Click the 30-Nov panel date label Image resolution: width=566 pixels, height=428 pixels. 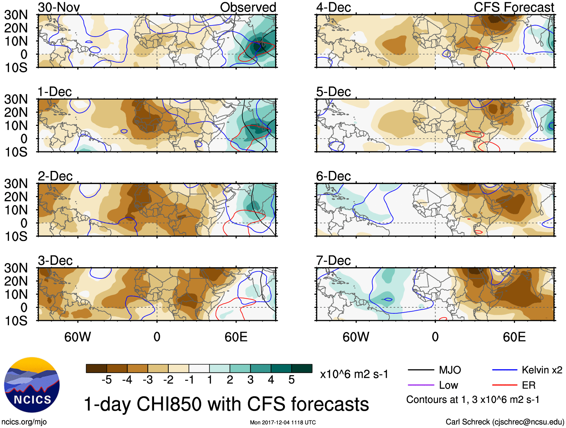59,7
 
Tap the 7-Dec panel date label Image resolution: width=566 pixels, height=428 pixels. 333,260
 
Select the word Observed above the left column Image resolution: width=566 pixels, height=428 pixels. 248,7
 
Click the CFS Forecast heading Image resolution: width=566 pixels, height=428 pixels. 514,7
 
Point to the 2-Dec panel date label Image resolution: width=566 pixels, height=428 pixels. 55,176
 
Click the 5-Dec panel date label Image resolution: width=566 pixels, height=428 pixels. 333,92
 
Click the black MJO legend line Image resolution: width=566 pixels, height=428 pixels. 421,370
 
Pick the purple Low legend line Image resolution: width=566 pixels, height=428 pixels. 421,385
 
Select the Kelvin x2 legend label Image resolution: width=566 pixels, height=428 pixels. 542,370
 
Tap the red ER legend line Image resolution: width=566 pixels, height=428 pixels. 505,385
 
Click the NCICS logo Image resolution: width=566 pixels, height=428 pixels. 32,385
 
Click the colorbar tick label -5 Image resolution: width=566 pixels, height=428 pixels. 106,380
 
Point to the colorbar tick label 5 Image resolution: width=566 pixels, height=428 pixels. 291,380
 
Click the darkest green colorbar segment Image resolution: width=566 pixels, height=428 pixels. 302,368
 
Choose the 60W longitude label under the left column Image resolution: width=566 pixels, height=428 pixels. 78,337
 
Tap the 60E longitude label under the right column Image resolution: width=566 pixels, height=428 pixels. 514,337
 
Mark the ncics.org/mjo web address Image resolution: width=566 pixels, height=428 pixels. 24,422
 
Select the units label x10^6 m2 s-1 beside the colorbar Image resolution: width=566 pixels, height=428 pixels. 354,374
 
